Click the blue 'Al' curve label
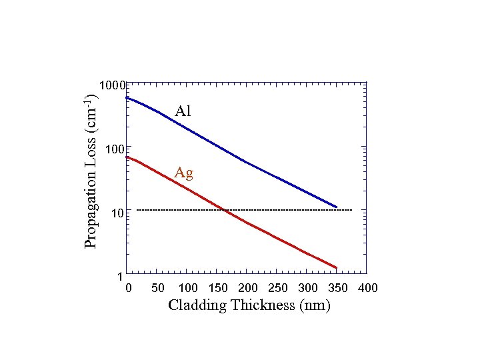click(183, 111)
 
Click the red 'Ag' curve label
click(184, 173)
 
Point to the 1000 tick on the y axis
click(111, 85)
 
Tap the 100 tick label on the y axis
click(114, 149)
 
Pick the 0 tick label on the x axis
click(129, 288)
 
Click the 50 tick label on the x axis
click(158, 288)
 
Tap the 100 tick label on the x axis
click(189, 288)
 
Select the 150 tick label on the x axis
click(219, 288)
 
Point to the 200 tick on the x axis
click(248, 288)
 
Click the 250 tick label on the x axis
click(278, 288)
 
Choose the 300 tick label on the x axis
click(308, 288)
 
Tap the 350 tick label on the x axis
click(338, 288)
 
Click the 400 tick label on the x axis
click(368, 288)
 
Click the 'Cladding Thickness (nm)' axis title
click(249, 306)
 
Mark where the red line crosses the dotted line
click(225, 210)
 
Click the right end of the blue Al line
click(337, 207)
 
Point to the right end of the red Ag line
click(337, 268)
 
